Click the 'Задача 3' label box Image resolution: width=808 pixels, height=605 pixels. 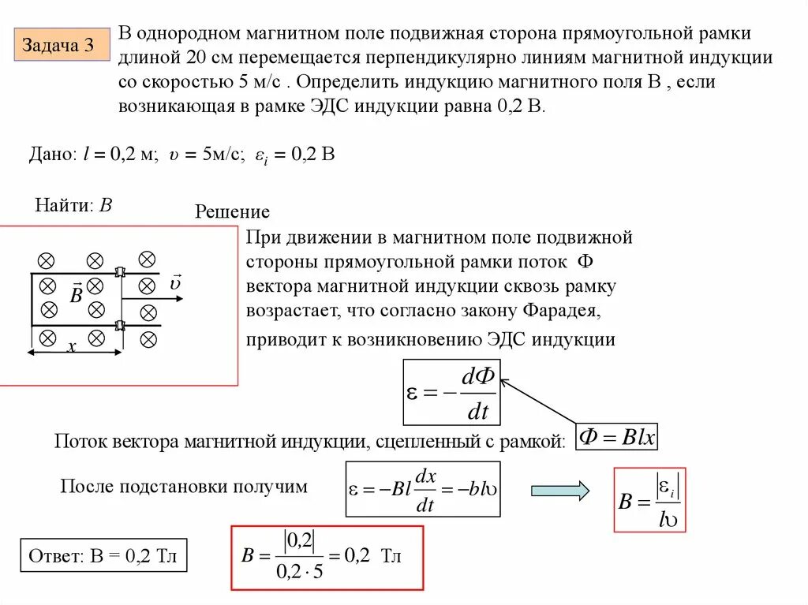(x=58, y=46)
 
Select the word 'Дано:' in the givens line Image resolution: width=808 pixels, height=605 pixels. (x=52, y=155)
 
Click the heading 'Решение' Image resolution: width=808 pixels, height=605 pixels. (x=232, y=211)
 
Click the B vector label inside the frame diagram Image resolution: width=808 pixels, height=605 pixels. (x=76, y=295)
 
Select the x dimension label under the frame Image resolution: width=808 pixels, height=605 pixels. (x=71, y=346)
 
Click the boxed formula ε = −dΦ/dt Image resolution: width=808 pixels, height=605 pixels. (x=451, y=393)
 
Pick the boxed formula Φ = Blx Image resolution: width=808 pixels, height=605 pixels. (x=617, y=436)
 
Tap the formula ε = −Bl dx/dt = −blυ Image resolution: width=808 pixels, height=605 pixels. (x=423, y=489)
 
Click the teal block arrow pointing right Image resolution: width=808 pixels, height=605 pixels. (x=559, y=491)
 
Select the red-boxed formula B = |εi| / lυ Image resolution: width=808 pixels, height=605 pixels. (x=649, y=499)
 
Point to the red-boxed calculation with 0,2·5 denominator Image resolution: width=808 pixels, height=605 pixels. (x=327, y=557)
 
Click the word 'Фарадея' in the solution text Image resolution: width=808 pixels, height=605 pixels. (x=562, y=312)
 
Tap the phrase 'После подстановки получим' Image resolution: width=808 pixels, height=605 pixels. (x=184, y=486)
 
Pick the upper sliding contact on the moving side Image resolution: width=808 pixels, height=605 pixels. (x=120, y=272)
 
